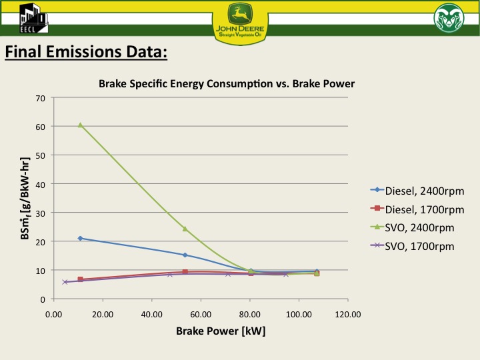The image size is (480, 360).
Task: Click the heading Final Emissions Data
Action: point(86,52)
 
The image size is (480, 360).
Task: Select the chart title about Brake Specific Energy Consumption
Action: point(227,84)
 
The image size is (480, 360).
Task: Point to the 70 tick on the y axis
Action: point(41,98)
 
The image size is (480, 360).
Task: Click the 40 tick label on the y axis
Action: point(41,184)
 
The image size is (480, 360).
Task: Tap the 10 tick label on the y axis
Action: point(41,270)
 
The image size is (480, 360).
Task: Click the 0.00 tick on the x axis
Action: point(53,314)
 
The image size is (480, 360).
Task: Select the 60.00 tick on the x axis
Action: point(201,314)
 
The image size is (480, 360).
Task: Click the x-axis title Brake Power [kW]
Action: point(221,331)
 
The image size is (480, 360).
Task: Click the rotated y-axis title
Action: point(25,198)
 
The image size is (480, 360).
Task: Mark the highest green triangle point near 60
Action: point(80,125)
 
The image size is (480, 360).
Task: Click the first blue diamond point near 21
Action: point(80,238)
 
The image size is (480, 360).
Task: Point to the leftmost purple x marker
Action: point(65,282)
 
